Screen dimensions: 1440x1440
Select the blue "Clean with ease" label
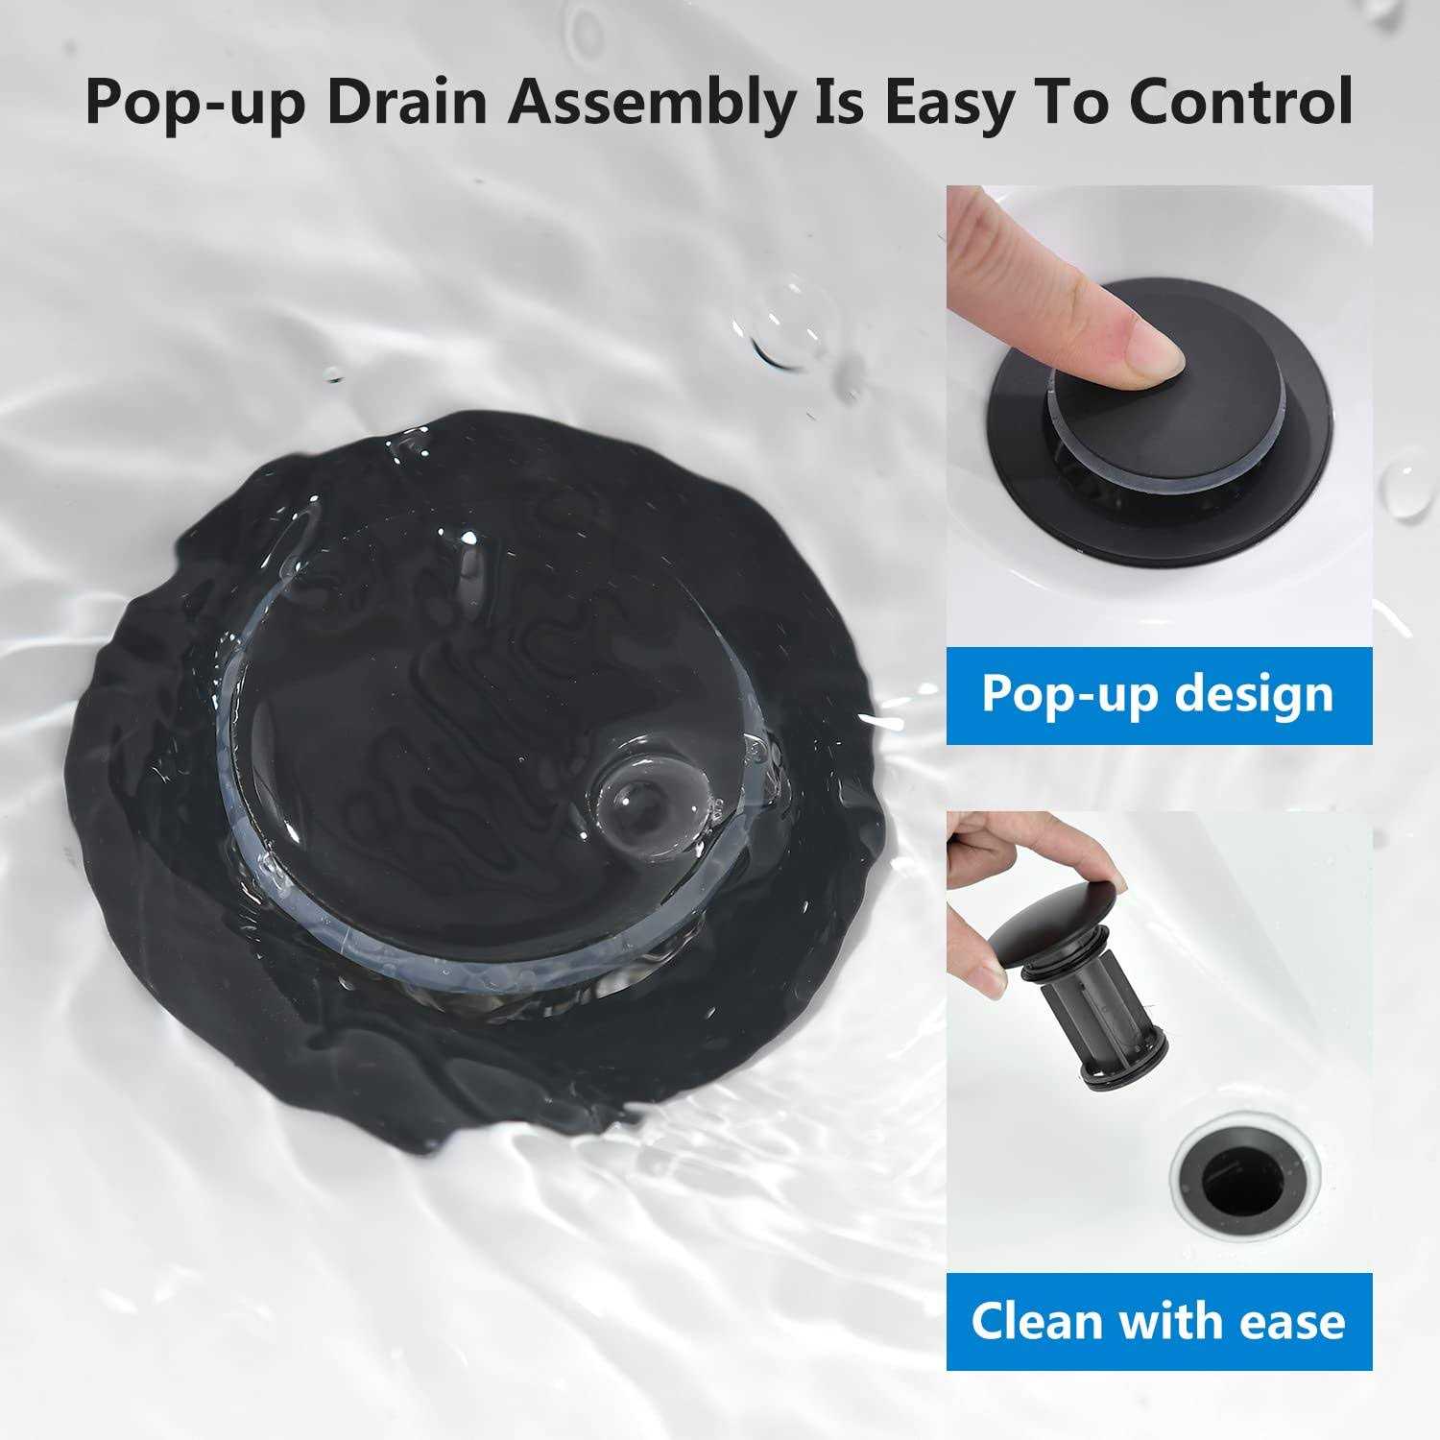pos(1159,1321)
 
